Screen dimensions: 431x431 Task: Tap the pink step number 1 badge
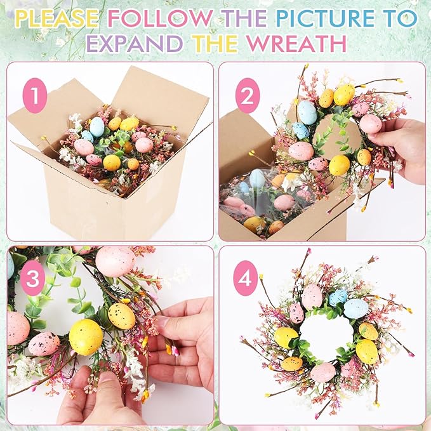(x=35, y=97)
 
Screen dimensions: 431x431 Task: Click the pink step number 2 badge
(x=248, y=97)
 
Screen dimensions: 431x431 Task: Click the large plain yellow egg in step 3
(x=86, y=336)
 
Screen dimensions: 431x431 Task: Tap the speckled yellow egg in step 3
(x=121, y=315)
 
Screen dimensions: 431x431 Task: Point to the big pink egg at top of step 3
(x=115, y=261)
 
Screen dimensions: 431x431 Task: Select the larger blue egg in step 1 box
(x=97, y=127)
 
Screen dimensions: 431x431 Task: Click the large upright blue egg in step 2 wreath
(x=307, y=112)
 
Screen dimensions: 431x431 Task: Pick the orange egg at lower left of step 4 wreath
(x=292, y=364)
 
